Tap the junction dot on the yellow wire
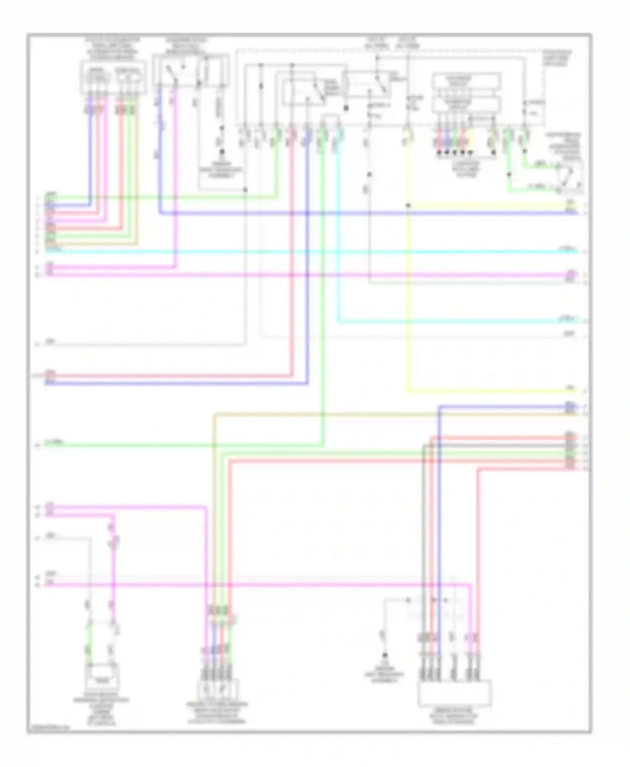(407, 206)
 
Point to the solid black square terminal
(346, 108)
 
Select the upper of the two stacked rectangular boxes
(466, 81)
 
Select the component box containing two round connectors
(113, 78)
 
